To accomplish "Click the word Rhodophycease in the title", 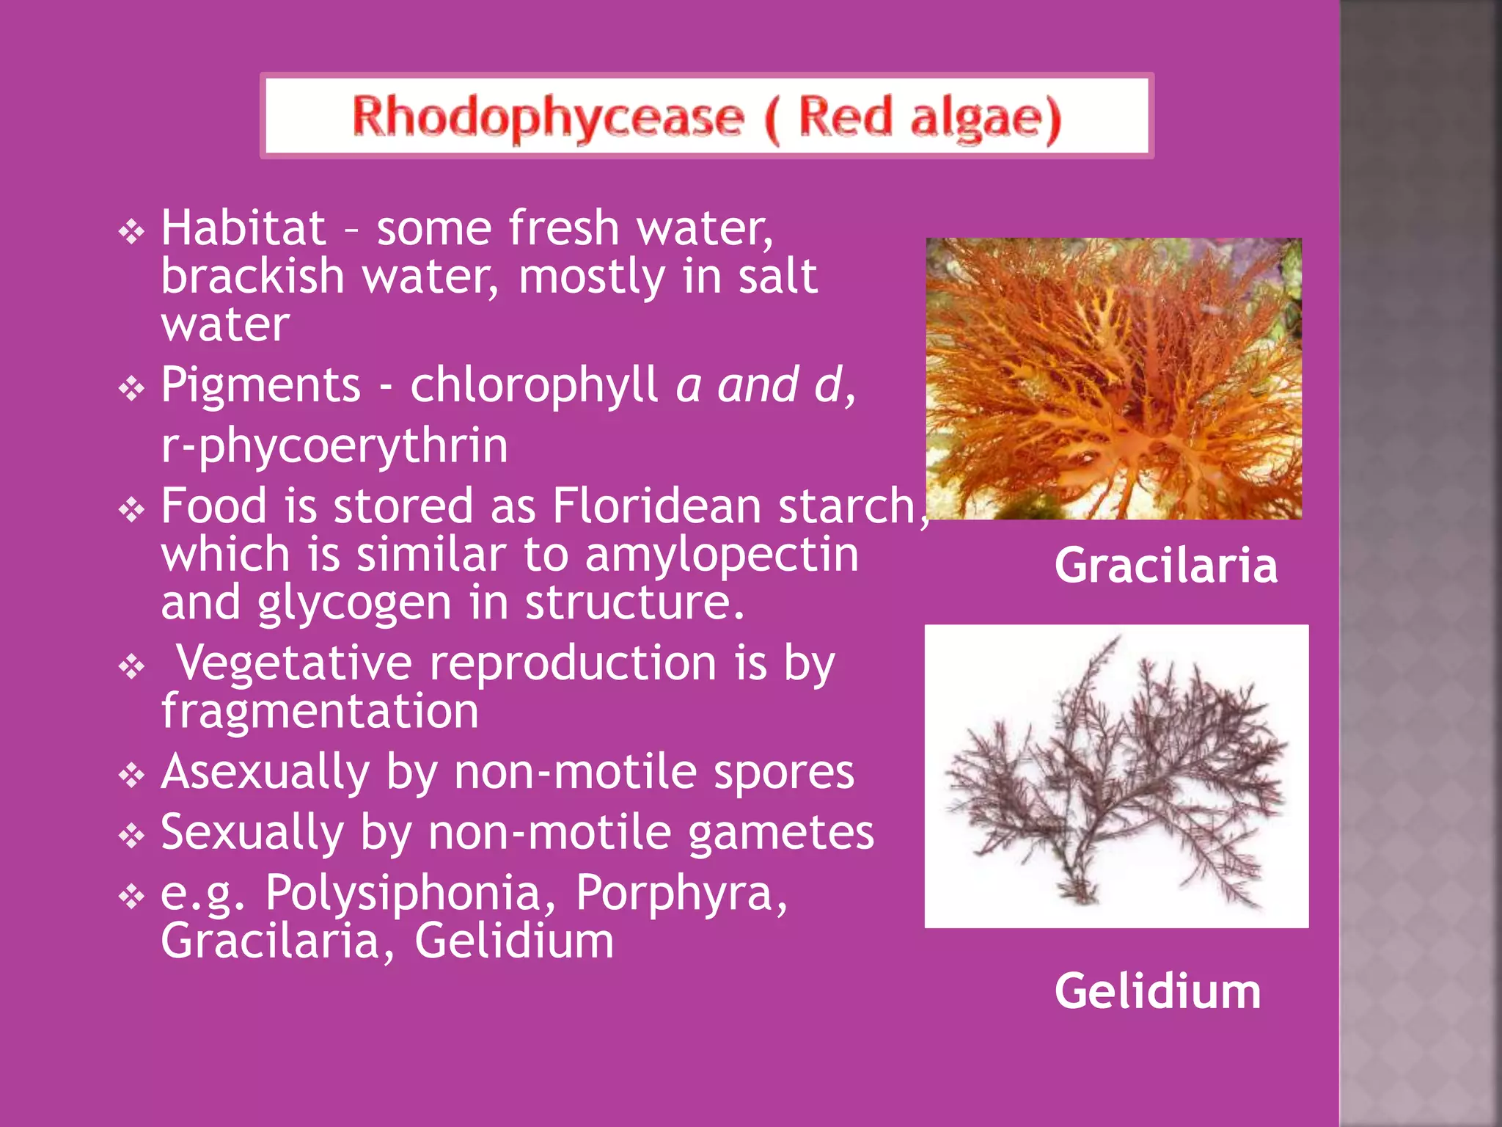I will [x=547, y=117].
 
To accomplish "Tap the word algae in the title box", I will [x=984, y=117].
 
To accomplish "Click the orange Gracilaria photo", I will [x=1113, y=379].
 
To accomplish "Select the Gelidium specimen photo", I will [x=1116, y=776].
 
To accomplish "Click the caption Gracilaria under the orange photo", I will [x=1165, y=566].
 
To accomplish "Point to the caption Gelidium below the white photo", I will [x=1157, y=991].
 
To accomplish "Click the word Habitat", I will [x=243, y=227].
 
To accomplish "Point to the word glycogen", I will [x=354, y=602].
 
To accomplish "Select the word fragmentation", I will [x=320, y=711].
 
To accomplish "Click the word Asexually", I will [x=265, y=772].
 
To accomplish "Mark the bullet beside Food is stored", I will [x=132, y=509].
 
